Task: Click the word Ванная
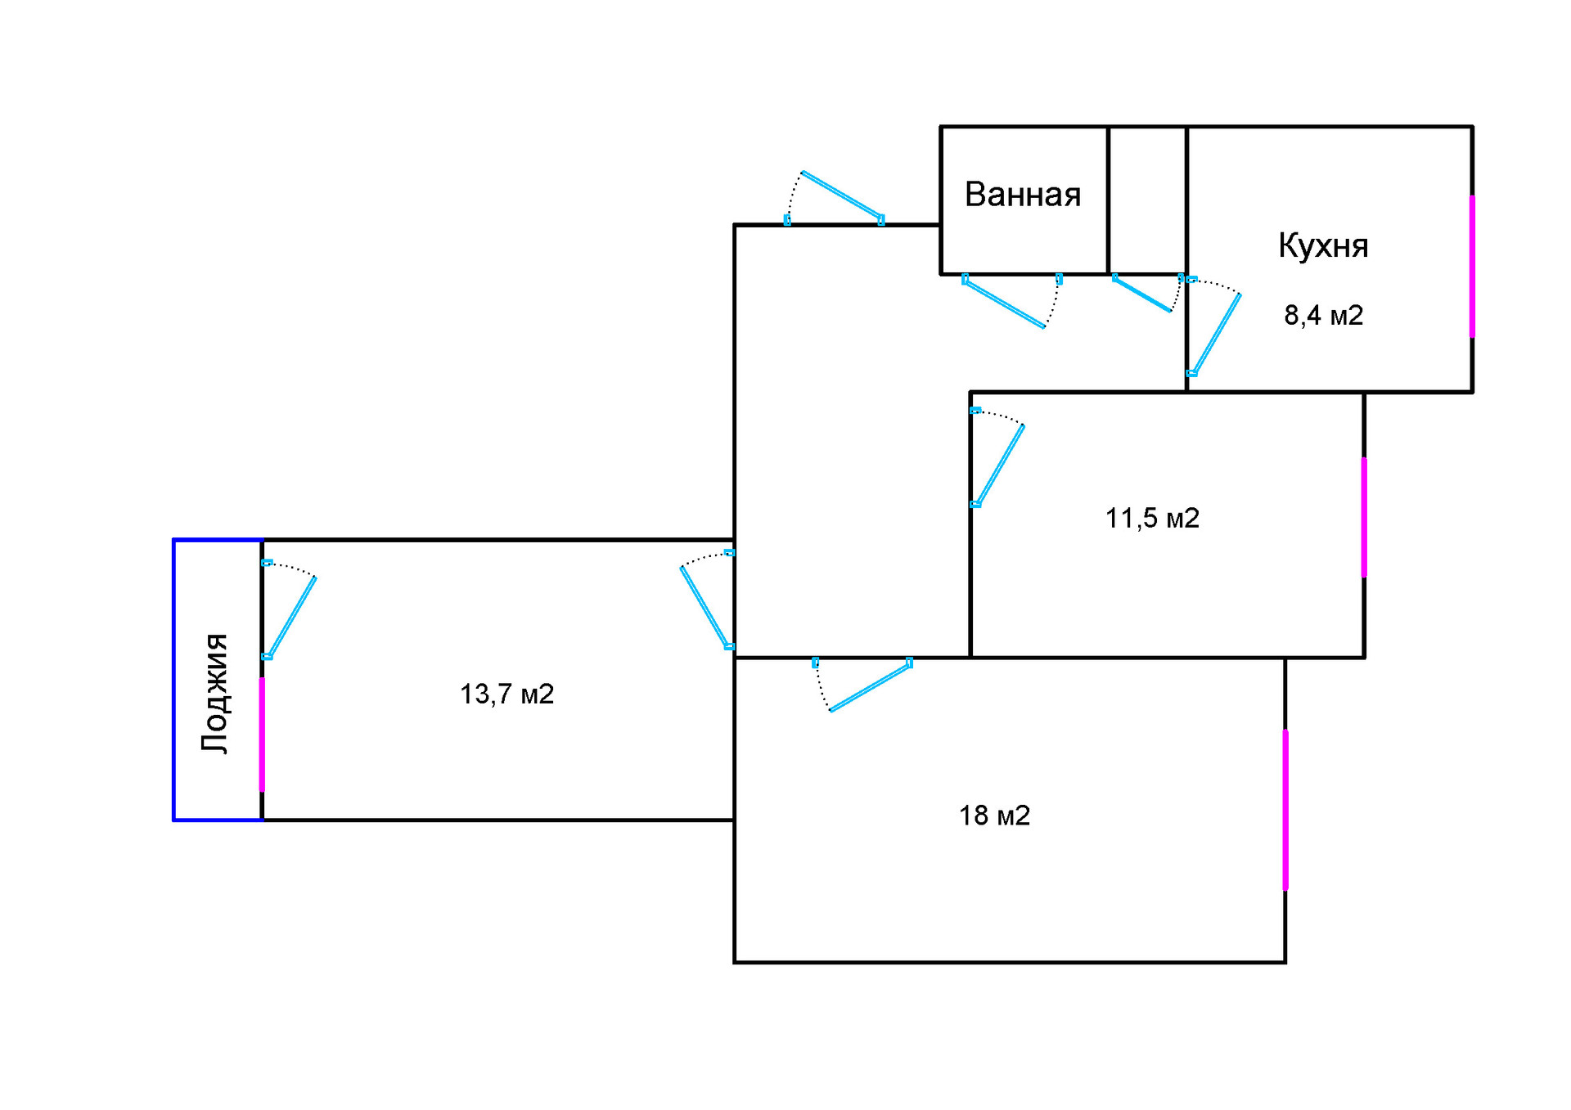1023,195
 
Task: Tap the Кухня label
1323,245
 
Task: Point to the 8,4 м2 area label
1323,315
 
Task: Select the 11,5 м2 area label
1152,518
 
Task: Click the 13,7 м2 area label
506,694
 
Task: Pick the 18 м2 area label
994,815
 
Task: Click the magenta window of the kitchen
1472,266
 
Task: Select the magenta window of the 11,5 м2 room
1364,517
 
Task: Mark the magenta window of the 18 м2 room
1285,809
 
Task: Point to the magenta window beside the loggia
262,734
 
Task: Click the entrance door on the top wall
841,196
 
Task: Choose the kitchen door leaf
1216,334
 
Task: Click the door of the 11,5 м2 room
1000,465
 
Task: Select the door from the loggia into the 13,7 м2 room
290,617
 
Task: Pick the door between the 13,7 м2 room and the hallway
704,607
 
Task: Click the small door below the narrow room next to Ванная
1142,294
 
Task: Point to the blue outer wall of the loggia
174,679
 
